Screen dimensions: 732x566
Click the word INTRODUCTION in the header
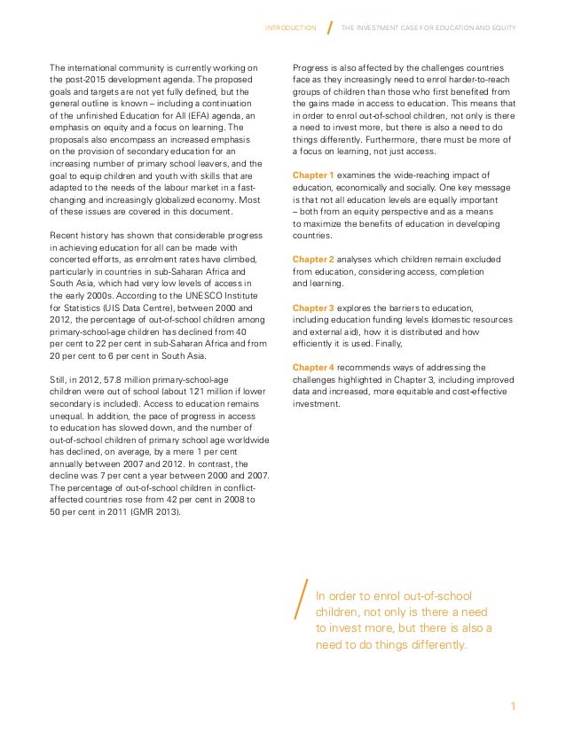291,27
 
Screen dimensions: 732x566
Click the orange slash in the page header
330,27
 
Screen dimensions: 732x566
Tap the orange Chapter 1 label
313,175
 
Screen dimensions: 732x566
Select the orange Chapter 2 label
313,259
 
